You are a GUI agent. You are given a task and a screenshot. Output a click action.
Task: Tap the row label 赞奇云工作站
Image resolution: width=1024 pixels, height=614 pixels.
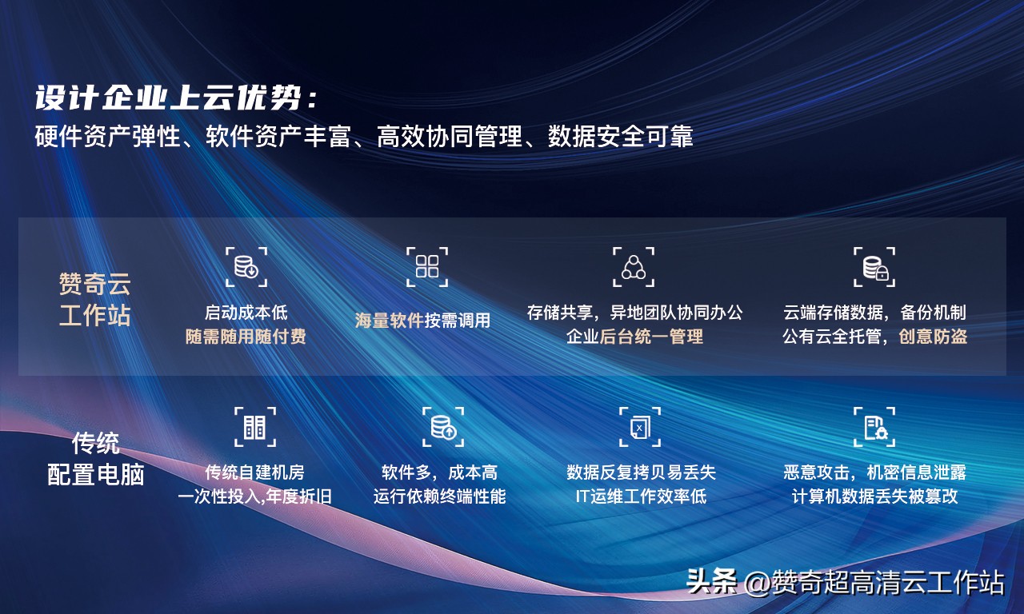click(x=94, y=299)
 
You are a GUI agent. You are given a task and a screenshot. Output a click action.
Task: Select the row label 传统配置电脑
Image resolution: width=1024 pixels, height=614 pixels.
click(x=96, y=458)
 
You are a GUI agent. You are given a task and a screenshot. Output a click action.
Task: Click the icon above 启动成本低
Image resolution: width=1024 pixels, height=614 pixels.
click(x=246, y=267)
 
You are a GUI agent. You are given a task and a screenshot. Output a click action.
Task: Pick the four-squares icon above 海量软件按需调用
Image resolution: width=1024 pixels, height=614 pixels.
click(x=427, y=267)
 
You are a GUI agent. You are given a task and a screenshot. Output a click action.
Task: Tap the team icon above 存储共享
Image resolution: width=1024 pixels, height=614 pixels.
click(x=634, y=267)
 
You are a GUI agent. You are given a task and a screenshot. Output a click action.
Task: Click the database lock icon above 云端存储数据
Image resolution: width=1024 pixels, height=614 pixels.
click(x=874, y=267)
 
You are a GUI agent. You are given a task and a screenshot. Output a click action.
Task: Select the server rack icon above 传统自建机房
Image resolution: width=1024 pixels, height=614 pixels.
click(x=254, y=427)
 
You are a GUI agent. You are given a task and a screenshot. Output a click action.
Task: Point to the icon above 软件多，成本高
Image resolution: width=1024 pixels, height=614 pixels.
click(x=443, y=427)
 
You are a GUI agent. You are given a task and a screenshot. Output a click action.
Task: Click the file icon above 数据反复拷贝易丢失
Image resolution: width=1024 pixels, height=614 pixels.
click(x=640, y=427)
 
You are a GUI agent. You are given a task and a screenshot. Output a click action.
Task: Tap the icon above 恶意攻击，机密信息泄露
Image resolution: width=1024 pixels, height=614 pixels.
click(x=874, y=427)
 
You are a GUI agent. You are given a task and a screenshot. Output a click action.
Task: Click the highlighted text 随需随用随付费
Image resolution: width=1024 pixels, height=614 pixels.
click(x=246, y=337)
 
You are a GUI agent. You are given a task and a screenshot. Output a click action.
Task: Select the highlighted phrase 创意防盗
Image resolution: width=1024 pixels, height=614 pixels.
click(x=933, y=337)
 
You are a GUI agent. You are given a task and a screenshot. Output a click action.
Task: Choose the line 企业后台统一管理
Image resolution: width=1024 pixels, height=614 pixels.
click(x=634, y=337)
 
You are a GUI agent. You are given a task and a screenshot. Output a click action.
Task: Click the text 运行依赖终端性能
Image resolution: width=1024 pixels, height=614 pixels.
click(x=439, y=496)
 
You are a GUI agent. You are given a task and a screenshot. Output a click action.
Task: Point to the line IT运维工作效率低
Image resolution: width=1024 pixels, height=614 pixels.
click(x=641, y=496)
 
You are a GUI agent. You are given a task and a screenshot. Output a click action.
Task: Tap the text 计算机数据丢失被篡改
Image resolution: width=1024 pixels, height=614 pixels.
click(x=874, y=496)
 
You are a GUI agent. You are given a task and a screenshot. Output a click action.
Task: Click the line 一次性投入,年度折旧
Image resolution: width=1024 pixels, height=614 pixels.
click(x=254, y=496)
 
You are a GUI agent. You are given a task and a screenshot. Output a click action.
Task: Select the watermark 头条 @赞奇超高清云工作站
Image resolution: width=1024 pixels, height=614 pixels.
click(x=845, y=583)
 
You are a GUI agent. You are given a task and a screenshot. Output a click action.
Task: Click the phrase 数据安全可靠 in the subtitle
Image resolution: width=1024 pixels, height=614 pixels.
click(x=620, y=137)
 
